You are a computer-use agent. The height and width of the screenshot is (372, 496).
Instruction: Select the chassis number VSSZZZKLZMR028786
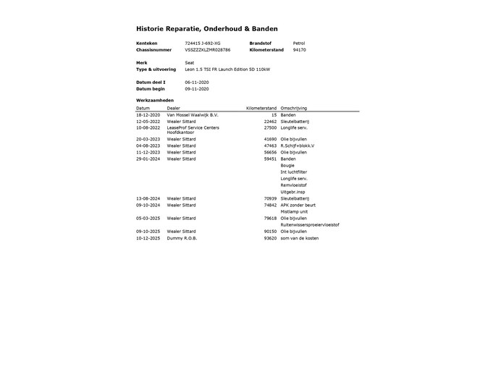coord(207,50)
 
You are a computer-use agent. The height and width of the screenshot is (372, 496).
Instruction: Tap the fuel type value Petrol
coord(298,43)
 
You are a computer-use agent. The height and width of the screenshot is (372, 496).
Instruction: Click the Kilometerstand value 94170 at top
coord(299,50)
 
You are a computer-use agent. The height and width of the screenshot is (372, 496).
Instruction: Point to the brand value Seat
coord(189,63)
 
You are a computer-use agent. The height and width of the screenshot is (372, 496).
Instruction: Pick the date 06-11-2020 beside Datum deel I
coord(196,83)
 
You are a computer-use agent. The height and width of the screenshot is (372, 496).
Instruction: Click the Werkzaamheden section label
coord(154,100)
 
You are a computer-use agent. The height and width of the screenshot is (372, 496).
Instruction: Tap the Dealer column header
coord(174,108)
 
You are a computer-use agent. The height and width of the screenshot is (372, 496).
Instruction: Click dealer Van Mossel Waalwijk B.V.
coord(192,114)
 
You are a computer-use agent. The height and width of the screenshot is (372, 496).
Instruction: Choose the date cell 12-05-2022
coord(147,121)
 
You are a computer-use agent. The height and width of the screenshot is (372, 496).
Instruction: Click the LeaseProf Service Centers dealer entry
coord(193,127)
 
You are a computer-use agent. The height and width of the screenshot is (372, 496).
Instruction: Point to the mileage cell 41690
coord(270,139)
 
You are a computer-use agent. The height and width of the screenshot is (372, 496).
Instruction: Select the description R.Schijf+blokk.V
coord(297,145)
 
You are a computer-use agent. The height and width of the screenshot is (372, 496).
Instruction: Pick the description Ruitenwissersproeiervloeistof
coord(309,224)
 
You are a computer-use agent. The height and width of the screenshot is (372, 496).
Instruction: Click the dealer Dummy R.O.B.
coord(182,237)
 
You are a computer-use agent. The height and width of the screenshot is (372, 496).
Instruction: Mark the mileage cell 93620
coord(270,237)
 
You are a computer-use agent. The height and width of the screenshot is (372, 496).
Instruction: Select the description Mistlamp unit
coord(294,211)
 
